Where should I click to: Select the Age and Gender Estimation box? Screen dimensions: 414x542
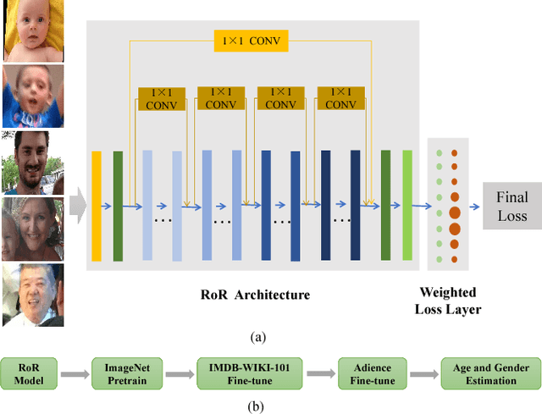[x=489, y=374]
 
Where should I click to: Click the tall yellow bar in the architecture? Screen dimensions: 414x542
[x=97, y=206]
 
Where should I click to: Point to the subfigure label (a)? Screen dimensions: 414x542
[x=257, y=336]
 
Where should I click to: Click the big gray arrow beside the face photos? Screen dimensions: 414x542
[x=77, y=205]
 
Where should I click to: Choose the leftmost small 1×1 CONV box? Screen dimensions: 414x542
[x=162, y=99]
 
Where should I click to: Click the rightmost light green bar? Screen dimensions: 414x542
[x=407, y=205]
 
